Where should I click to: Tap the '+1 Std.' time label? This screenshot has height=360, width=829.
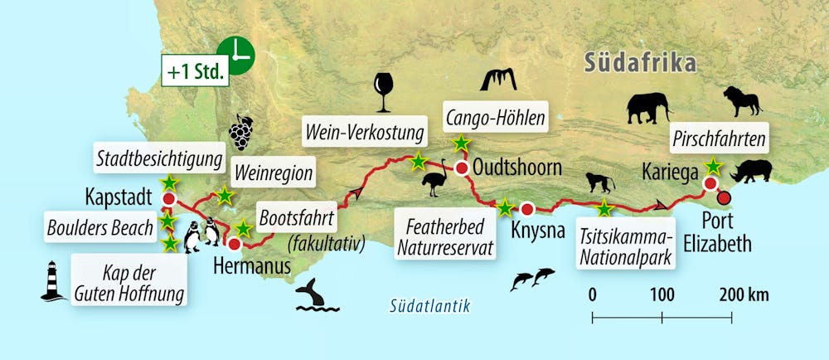(x=196, y=71)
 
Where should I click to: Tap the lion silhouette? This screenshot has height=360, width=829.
(x=741, y=100)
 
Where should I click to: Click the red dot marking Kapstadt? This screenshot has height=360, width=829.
(x=169, y=200)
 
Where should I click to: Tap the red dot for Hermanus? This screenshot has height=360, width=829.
(x=235, y=245)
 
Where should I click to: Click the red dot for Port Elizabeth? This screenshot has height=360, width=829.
(x=724, y=197)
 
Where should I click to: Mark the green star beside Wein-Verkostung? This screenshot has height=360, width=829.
(x=419, y=160)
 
